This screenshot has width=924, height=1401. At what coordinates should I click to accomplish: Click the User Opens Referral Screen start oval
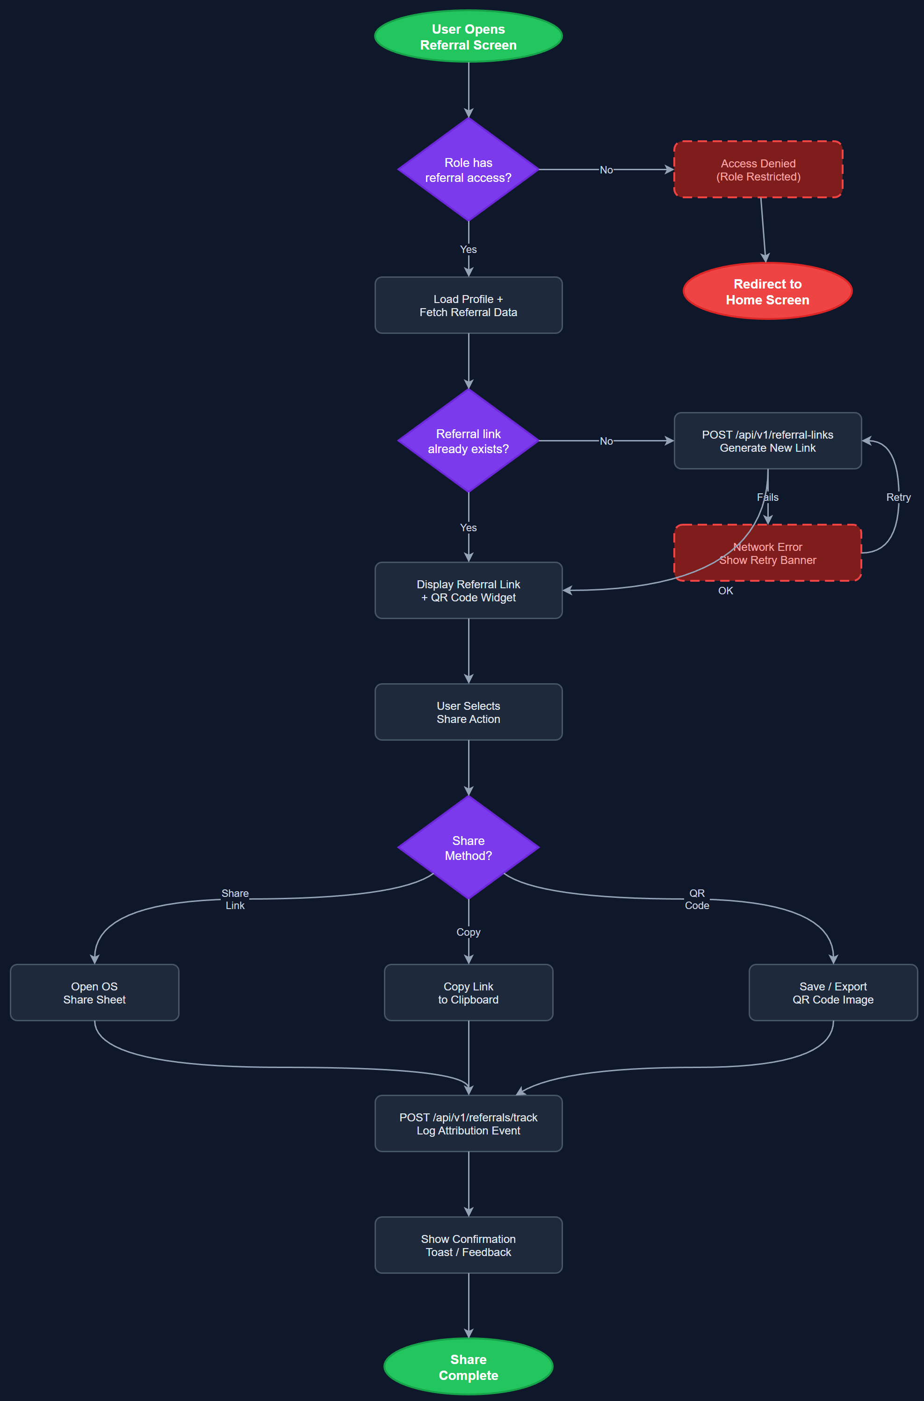point(468,36)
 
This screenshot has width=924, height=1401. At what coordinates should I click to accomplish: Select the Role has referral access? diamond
point(468,170)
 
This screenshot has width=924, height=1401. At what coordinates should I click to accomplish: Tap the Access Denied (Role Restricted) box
point(758,170)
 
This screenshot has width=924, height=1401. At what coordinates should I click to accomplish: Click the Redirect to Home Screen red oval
point(767,292)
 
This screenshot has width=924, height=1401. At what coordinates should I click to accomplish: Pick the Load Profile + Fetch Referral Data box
point(468,305)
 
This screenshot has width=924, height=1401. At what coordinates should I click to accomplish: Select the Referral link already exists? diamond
point(468,441)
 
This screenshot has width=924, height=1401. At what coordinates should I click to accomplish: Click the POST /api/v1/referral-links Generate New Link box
point(767,441)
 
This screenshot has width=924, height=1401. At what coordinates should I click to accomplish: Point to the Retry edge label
point(898,497)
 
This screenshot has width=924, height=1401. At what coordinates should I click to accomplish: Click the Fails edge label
point(767,497)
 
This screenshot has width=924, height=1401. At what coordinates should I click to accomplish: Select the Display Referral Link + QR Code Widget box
point(468,590)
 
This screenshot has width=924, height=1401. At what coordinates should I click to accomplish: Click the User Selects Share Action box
point(468,712)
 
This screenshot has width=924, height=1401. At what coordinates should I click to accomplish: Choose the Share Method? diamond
point(468,847)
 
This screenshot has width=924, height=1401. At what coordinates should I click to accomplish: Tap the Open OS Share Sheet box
point(94,992)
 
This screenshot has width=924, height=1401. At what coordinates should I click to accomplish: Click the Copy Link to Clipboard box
point(468,992)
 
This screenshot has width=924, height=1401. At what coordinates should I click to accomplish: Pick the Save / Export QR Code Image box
point(833,992)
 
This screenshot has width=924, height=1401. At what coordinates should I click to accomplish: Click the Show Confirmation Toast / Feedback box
point(468,1245)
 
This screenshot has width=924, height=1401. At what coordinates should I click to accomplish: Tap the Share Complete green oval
point(468,1366)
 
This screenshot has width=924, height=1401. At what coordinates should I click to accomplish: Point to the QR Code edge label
point(697,899)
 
